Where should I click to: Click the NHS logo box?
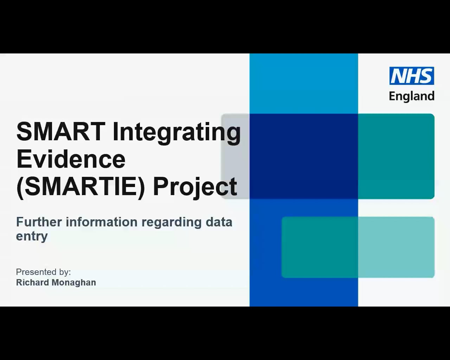click(411, 76)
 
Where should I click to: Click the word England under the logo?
click(411, 96)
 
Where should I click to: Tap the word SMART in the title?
click(60, 131)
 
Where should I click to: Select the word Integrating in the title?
click(176, 132)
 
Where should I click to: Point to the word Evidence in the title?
click(71, 159)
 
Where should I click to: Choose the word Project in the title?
click(195, 187)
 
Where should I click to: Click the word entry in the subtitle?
click(32, 236)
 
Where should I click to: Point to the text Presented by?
click(43, 272)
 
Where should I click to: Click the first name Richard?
click(32, 283)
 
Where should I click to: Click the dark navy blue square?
click(304, 156)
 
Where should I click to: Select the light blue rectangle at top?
click(304, 84)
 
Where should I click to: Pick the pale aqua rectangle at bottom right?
click(396, 247)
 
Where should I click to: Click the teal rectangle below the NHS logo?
click(396, 156)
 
